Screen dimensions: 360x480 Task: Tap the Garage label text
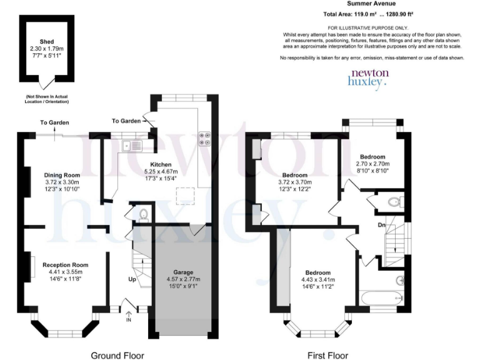(183, 272)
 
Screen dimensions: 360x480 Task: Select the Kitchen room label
(161, 164)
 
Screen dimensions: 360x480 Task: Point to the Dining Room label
(62, 175)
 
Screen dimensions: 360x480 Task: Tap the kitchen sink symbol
(133, 146)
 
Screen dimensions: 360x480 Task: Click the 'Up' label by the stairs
(132, 279)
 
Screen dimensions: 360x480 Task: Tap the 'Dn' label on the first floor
(381, 224)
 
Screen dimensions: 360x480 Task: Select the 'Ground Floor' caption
(117, 356)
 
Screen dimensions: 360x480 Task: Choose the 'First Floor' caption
(327, 356)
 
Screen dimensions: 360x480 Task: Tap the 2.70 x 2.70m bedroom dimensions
(372, 164)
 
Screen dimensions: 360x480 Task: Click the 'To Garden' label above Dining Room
(54, 122)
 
